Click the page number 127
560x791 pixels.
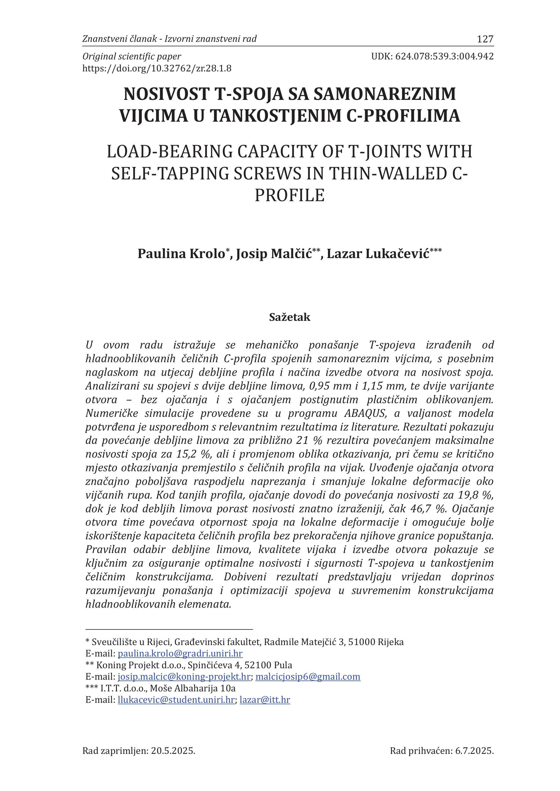(485, 39)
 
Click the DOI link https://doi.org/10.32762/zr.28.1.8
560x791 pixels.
(157, 68)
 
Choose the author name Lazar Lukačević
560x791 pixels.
(378, 254)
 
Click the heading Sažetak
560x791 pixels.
(290, 317)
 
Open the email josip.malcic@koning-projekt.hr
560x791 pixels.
(184, 686)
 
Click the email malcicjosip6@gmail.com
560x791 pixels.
(308, 686)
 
